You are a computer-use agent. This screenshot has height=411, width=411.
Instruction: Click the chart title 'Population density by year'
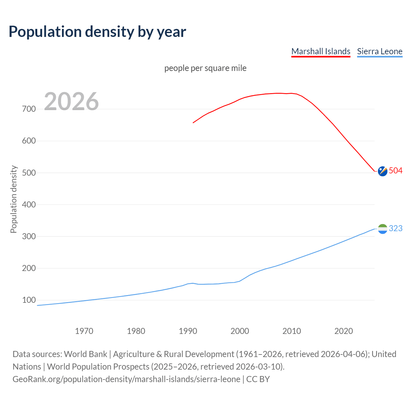[97, 31]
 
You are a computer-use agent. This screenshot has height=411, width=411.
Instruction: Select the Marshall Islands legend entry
[320, 51]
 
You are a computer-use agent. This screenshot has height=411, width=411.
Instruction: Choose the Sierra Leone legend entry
[380, 51]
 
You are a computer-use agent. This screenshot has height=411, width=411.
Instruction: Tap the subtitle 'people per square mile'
[205, 68]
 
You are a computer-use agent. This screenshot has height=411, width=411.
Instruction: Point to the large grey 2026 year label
[71, 101]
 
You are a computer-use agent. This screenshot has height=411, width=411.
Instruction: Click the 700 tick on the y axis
[29, 109]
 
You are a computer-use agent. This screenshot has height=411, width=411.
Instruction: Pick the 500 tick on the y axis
[29, 173]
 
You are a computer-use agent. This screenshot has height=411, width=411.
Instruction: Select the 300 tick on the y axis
[29, 236]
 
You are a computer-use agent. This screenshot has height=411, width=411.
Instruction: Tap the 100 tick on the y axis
[29, 300]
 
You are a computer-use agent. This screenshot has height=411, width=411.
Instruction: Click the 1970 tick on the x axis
[84, 331]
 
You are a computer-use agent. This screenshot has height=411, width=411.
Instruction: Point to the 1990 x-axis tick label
[188, 331]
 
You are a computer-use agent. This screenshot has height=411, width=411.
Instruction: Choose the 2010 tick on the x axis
[292, 331]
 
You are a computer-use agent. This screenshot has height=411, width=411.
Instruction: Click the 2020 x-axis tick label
[344, 331]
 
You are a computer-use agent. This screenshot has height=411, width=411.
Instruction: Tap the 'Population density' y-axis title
[13, 199]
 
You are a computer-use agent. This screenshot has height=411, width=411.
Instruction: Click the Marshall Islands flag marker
[382, 171]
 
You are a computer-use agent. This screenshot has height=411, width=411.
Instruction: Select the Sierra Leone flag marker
[382, 229]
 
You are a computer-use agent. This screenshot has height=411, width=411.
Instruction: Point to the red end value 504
[396, 171]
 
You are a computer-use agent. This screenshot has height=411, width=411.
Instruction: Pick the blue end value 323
[396, 228]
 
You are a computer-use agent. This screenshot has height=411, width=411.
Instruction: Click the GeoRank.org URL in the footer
[126, 379]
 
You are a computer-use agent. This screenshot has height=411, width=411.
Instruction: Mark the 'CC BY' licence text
[258, 379]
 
